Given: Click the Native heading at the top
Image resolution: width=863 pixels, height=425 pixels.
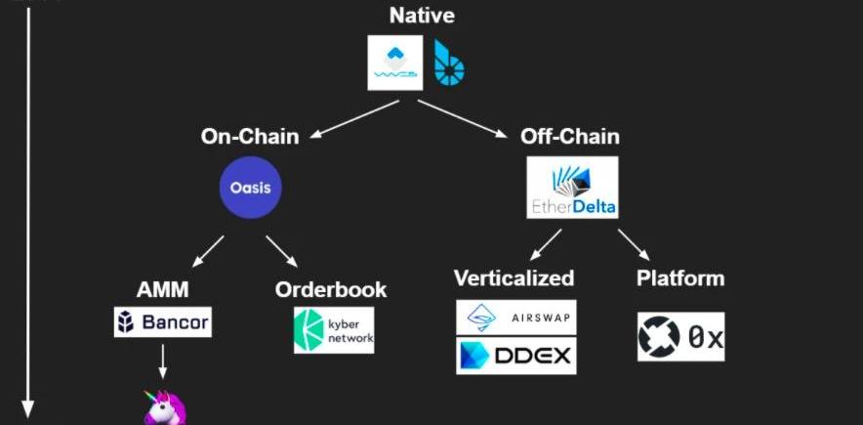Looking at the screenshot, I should (422, 15).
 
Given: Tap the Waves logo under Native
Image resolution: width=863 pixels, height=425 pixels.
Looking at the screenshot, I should (395, 63).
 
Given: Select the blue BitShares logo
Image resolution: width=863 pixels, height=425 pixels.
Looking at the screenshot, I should (449, 61).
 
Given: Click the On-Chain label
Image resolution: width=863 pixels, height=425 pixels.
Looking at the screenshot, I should (250, 137).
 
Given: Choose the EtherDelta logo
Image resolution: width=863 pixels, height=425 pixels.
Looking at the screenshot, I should (572, 187).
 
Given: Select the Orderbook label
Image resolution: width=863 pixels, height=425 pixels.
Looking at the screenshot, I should (331, 290).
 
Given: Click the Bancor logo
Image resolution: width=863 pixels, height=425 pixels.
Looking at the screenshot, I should (163, 322).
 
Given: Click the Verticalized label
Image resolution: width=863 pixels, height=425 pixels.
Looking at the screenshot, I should (514, 278).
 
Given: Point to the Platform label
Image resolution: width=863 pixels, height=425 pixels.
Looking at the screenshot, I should (680, 278).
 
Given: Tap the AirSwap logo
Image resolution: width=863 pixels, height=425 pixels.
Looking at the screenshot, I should (516, 317).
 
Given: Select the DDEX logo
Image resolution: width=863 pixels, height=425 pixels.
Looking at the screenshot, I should (516, 355).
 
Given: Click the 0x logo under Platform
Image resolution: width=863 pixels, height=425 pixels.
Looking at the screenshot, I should (680, 337).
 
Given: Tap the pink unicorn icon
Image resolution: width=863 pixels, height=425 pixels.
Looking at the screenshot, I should (163, 408).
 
